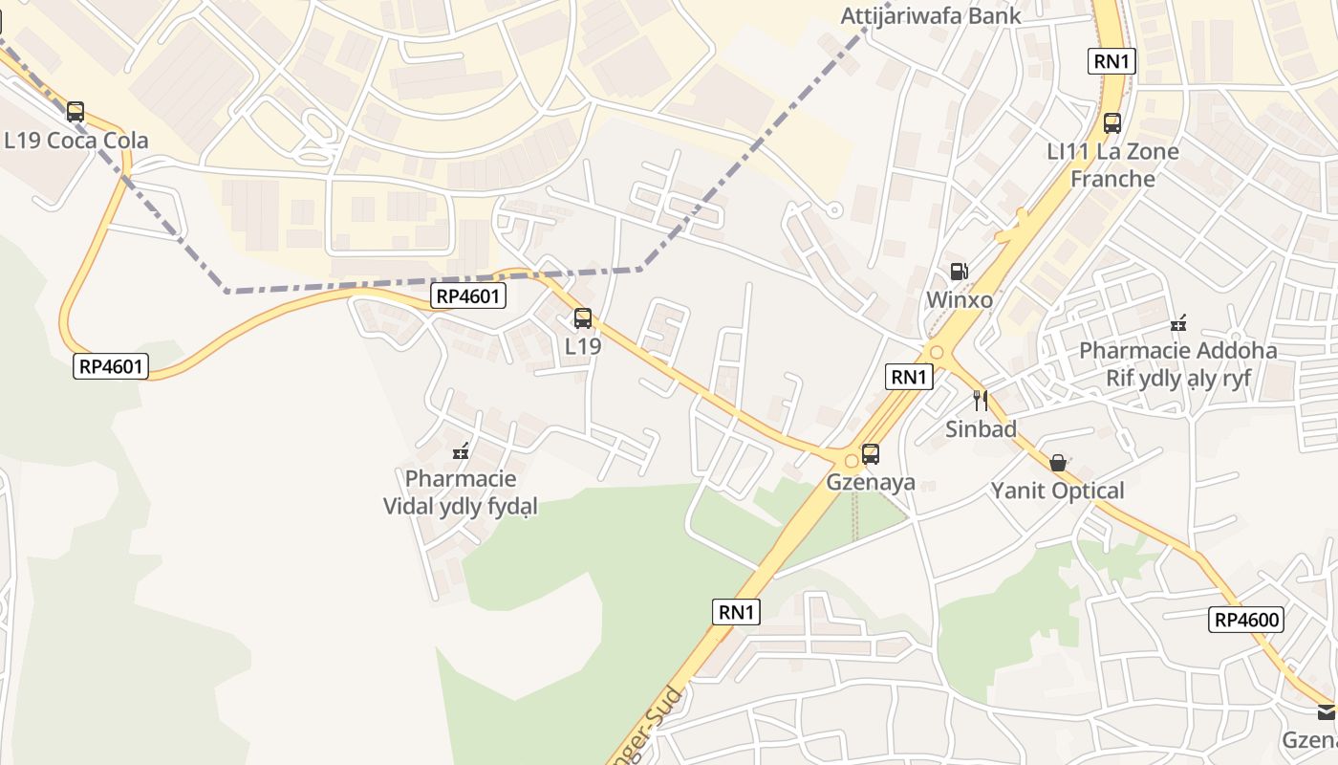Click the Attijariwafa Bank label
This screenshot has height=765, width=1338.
click(x=930, y=16)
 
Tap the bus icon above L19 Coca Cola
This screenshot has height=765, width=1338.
click(x=76, y=112)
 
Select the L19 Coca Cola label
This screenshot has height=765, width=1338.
click(x=76, y=141)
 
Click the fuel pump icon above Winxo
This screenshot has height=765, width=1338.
click(x=959, y=273)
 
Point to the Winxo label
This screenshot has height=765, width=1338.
click(x=959, y=300)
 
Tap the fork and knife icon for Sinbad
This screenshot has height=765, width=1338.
click(x=980, y=400)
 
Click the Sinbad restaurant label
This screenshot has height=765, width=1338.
click(x=981, y=428)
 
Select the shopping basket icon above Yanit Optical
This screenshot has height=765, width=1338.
click(x=1058, y=463)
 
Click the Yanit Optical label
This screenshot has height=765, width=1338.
click(x=1057, y=492)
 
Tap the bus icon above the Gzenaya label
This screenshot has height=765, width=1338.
click(x=871, y=454)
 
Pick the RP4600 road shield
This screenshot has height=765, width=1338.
click(x=1246, y=620)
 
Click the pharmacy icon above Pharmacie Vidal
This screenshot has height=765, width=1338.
click(x=461, y=450)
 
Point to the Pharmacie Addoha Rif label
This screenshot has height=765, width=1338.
click(x=1177, y=363)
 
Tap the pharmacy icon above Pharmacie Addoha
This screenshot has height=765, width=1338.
click(x=1178, y=322)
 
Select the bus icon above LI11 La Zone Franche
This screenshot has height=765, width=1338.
click(x=1112, y=122)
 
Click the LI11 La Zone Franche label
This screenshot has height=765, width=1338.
click(x=1112, y=164)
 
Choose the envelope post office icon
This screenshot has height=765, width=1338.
click(x=1327, y=712)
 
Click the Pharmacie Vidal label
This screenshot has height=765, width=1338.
click(x=461, y=492)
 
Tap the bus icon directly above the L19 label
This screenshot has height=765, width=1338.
click(x=583, y=318)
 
